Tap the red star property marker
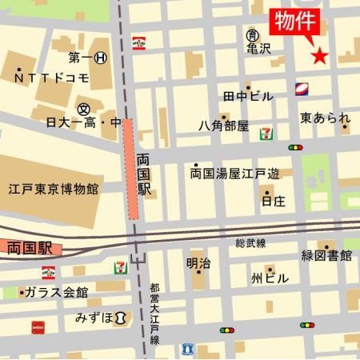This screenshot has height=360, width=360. click(x=320, y=56)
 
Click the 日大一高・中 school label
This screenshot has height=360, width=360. click(x=83, y=123)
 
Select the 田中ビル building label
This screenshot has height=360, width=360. click(x=248, y=97)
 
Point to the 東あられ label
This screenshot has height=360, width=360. click(x=325, y=118)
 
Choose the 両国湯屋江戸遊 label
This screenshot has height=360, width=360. click(x=235, y=173)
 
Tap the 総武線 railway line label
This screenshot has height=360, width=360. click(x=250, y=242)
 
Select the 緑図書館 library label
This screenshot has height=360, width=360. click(x=326, y=256)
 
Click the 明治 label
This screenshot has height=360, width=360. click(x=199, y=263)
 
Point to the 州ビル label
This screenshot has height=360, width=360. click(x=269, y=278)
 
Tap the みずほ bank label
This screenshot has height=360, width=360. click(x=94, y=318)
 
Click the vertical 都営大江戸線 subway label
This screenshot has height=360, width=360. click(x=154, y=313)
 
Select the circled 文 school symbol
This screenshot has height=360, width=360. click(x=83, y=108)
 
